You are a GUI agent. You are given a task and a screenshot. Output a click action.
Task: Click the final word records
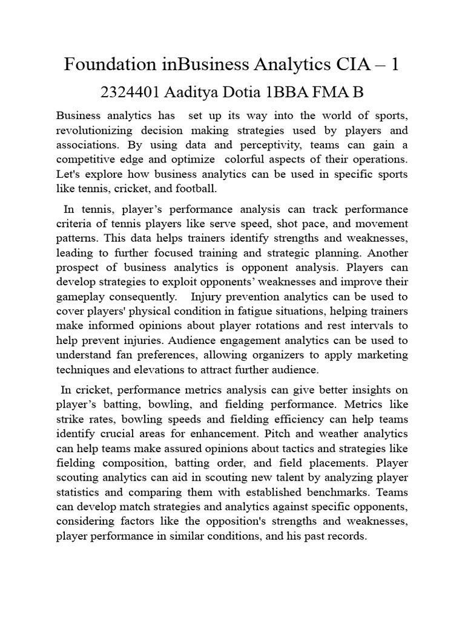[x=348, y=536]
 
